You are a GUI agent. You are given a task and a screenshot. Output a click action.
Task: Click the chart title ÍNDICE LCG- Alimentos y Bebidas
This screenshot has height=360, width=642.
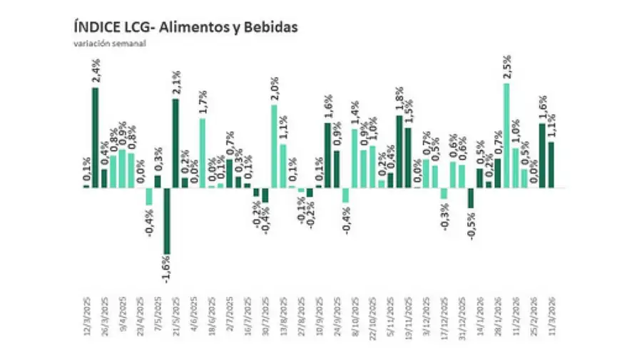point(185,27)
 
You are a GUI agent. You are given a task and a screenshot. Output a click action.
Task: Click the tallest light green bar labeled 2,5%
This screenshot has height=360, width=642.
point(506,135)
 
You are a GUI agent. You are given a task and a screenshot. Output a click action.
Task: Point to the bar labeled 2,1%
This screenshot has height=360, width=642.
point(175,143)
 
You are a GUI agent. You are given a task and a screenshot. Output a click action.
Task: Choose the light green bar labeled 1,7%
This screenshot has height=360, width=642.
point(203,153)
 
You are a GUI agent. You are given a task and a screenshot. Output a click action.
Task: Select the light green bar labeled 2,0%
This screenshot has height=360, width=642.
point(274,146)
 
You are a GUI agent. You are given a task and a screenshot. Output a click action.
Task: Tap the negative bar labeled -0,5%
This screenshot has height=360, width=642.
point(471,197)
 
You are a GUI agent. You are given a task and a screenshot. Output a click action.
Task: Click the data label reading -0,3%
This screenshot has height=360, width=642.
point(444,217)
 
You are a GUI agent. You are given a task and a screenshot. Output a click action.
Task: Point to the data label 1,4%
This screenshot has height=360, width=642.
point(355,113)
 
